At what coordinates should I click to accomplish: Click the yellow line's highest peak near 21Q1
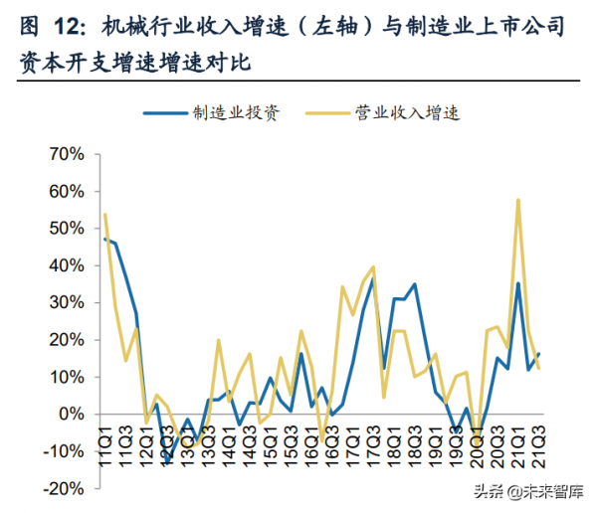(518, 200)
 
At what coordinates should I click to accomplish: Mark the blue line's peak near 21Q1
(518, 283)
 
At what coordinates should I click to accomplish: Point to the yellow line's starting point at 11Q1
(104, 214)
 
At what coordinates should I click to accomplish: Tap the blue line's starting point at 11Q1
(104, 239)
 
